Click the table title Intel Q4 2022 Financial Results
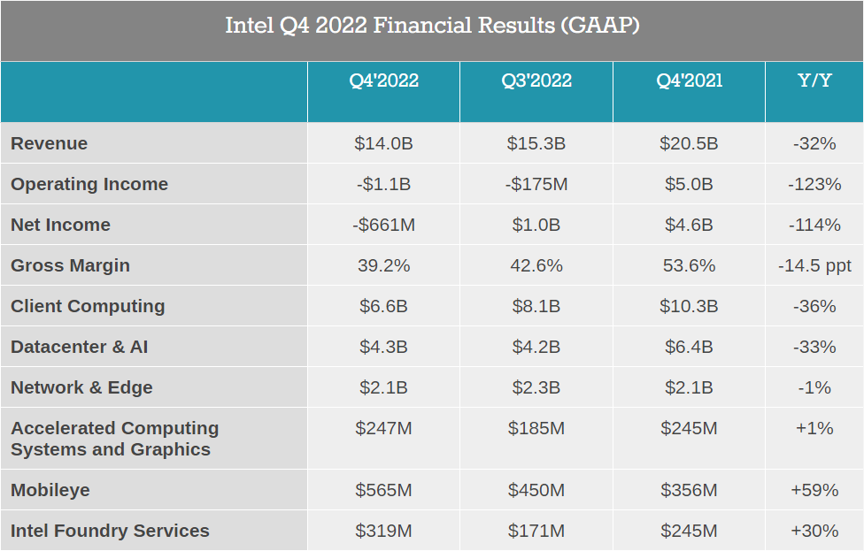(x=432, y=26)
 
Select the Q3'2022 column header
(x=536, y=80)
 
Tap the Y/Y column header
(x=814, y=80)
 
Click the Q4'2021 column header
(x=689, y=80)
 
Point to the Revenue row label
(x=49, y=143)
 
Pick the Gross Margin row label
(x=71, y=265)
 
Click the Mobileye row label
(x=50, y=490)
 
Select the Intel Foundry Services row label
(x=110, y=531)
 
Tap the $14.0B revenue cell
(x=383, y=143)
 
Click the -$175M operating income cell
(x=536, y=184)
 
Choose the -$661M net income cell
(x=383, y=225)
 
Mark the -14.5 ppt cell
(x=814, y=266)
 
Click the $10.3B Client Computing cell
(x=689, y=306)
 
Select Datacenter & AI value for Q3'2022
(x=536, y=347)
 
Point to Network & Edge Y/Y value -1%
(x=814, y=387)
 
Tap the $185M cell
(x=536, y=428)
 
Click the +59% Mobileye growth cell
(x=814, y=490)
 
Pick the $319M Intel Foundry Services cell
(x=383, y=531)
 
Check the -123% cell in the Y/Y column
(x=814, y=184)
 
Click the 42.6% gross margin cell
(x=536, y=265)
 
